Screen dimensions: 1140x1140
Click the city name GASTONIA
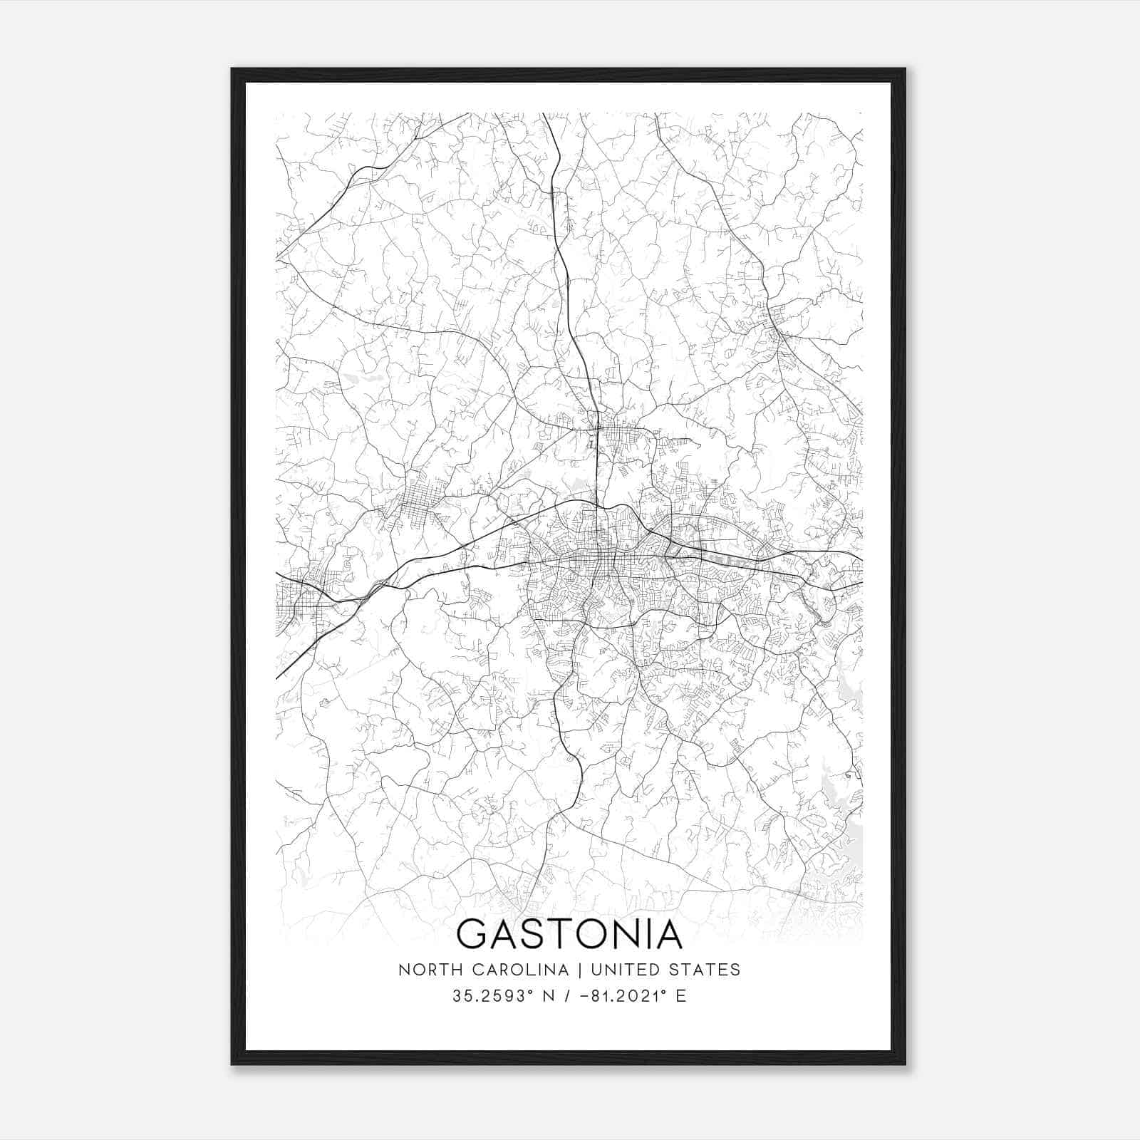pos(569,934)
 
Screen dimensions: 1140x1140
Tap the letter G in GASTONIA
pos(473,934)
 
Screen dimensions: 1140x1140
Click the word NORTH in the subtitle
pos(422,970)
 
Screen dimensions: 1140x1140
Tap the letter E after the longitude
pos(681,996)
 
